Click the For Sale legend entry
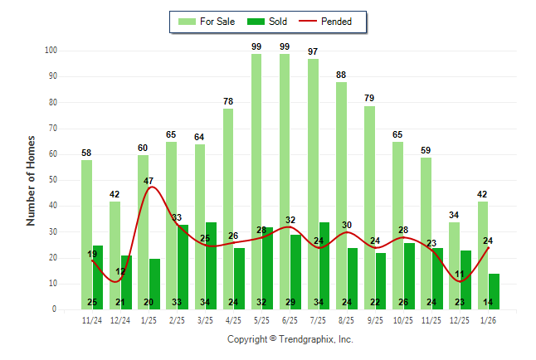208,22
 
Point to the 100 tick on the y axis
51,51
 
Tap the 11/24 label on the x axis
92,319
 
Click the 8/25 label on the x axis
347,319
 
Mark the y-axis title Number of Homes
31,180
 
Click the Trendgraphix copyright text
290,339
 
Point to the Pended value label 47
149,181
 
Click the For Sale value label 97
313,51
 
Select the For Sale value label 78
228,101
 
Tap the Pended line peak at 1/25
149,187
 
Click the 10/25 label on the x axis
403,319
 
